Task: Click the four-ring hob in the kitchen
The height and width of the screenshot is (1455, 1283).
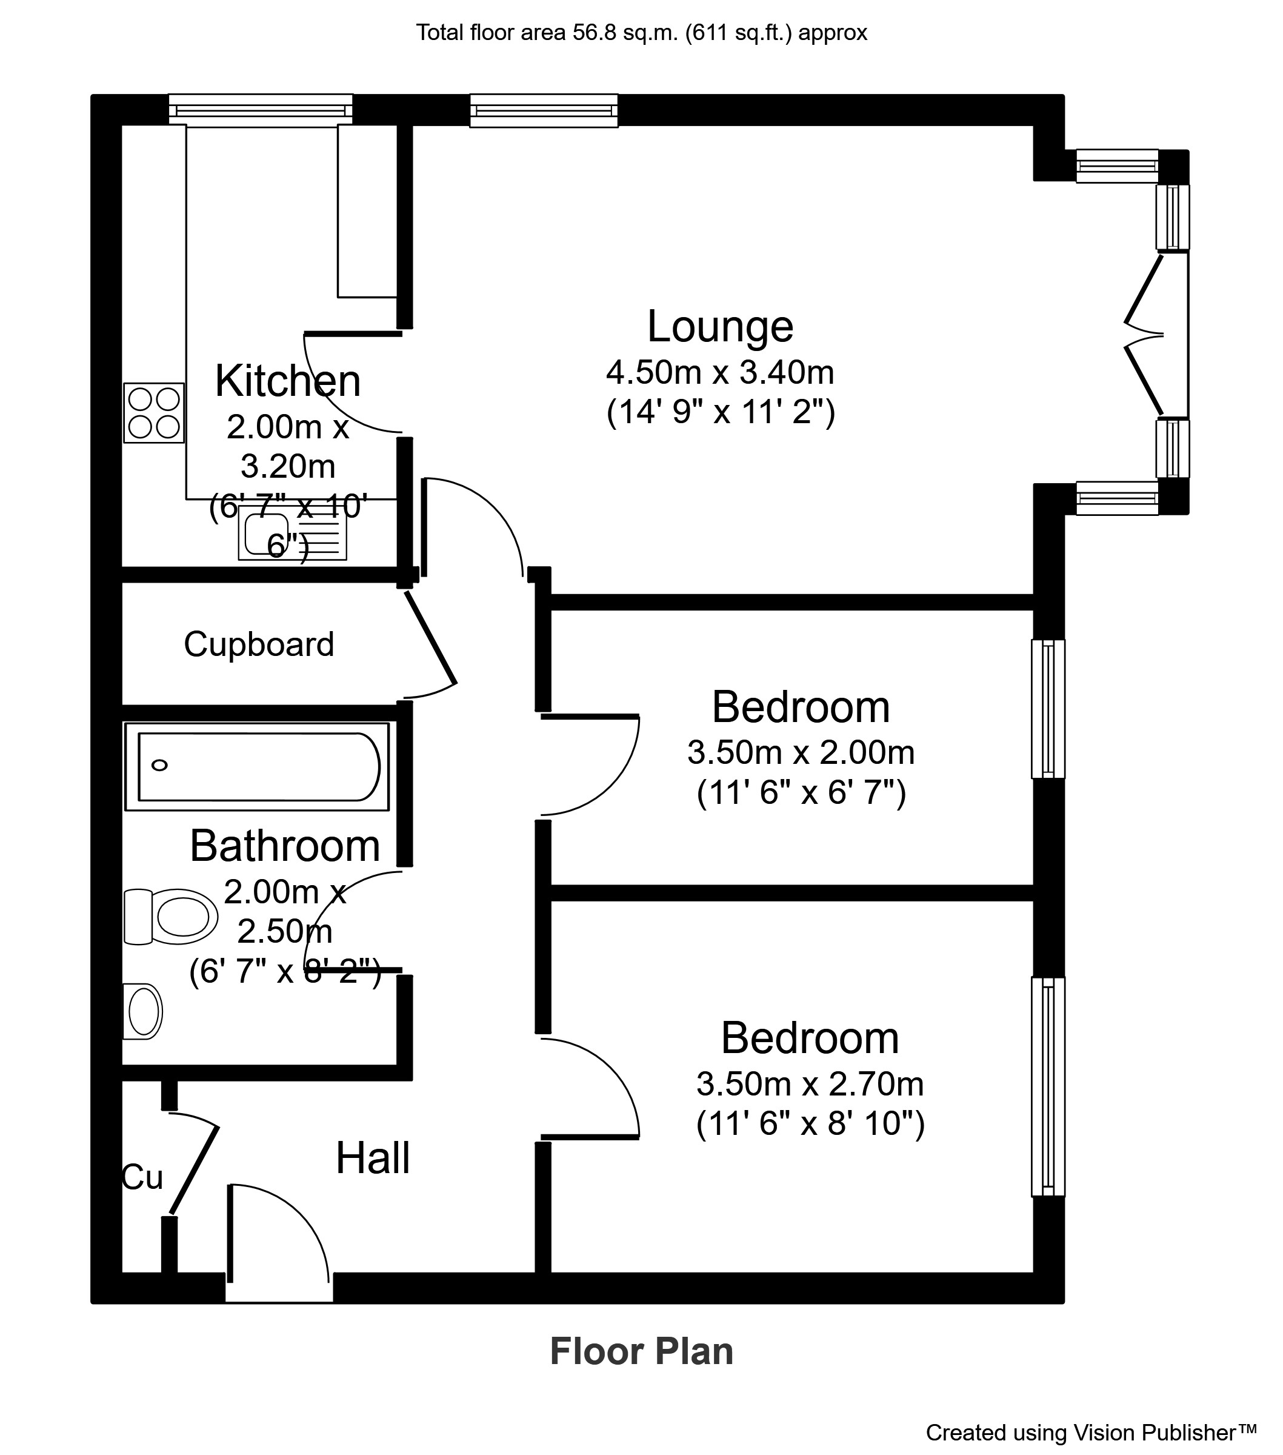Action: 154,413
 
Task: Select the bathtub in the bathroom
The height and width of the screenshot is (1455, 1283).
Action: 258,767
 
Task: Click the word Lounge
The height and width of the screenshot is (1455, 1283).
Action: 719,327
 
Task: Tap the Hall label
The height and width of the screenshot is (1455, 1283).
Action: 372,1158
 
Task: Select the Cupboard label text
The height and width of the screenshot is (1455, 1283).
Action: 259,644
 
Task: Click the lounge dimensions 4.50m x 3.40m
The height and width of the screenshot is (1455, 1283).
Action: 719,372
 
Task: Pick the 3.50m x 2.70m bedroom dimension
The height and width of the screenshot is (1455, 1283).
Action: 810,1084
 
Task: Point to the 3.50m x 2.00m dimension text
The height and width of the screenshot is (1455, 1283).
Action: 801,752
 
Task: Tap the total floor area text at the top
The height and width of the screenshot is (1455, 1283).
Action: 641,33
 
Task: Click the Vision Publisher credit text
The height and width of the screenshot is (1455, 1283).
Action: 1091,1431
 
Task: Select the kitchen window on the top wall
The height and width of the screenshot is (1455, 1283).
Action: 261,110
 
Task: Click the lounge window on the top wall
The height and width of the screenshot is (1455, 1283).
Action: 544,110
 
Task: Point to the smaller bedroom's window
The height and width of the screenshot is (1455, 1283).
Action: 1048,709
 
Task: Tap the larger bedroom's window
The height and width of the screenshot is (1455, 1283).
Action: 1048,1086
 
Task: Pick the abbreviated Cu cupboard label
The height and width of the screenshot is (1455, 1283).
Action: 142,1177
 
